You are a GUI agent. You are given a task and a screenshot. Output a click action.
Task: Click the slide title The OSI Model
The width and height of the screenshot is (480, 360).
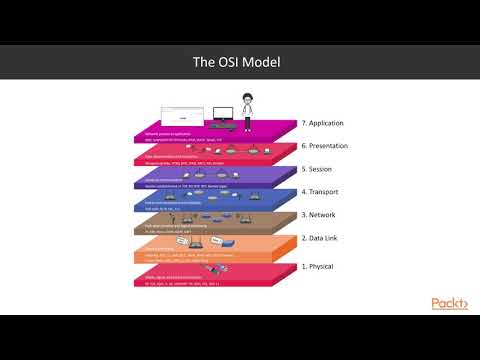tap(239, 62)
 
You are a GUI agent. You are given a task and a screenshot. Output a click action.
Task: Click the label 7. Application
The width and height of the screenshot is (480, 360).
tap(329, 124)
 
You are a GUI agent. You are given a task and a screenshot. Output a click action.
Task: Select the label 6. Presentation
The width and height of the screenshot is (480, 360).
tap(331, 146)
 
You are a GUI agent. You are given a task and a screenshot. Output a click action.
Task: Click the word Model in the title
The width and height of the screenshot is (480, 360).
tap(262, 62)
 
